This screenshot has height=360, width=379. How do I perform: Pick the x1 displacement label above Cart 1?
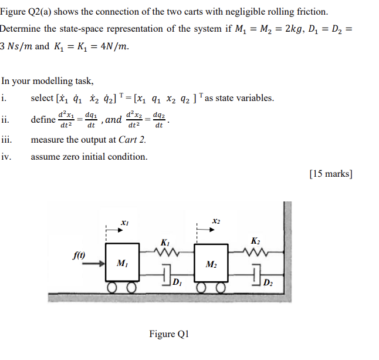tap(124, 223)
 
